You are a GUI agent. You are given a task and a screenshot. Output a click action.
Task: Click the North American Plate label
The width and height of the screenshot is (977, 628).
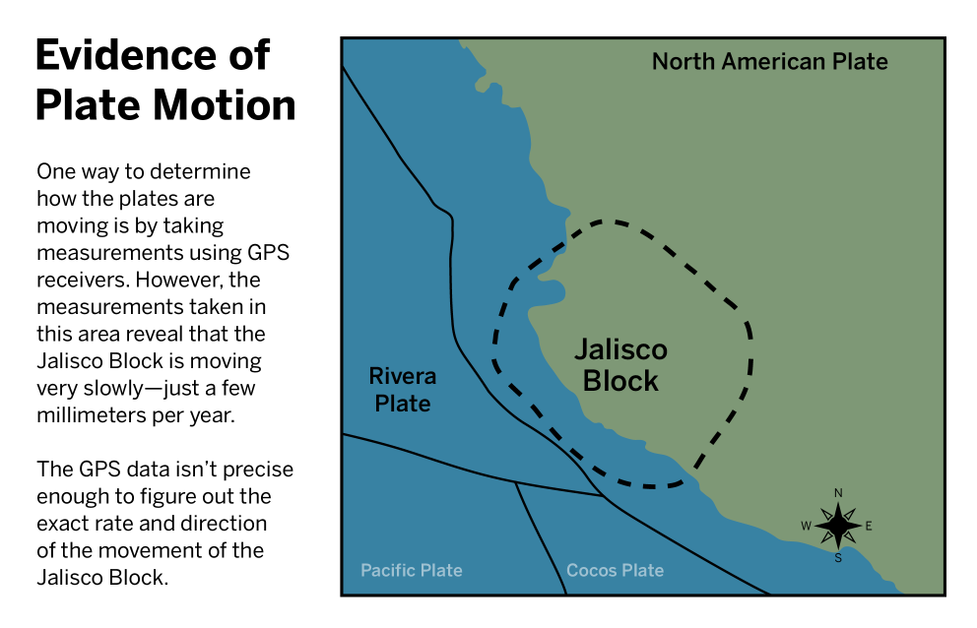769,62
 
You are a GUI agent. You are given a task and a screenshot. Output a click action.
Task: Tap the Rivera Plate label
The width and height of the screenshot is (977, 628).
403,390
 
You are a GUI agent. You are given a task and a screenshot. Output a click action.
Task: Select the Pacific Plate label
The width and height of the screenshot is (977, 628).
412,570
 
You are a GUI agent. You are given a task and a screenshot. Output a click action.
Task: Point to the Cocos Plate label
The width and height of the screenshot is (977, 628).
615,570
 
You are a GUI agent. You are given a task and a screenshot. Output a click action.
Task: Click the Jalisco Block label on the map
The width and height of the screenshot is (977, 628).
620,365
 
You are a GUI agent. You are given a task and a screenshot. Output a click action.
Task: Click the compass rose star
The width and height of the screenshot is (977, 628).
838,526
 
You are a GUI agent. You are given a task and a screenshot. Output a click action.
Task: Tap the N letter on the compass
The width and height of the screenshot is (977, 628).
838,493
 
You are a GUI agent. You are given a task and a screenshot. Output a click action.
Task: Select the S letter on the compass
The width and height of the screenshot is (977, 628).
838,557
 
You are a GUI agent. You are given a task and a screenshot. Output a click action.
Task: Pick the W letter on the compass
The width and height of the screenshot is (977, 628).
806,526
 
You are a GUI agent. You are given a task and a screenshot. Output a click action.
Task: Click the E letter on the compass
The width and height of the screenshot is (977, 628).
869,526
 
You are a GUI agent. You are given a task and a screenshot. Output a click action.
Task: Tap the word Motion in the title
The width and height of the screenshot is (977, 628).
225,104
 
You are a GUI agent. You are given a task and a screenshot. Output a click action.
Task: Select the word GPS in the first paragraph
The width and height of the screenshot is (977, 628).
269,252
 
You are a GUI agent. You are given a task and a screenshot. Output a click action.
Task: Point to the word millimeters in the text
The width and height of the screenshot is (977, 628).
91,414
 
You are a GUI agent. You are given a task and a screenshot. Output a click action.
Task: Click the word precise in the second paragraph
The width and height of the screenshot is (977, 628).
258,470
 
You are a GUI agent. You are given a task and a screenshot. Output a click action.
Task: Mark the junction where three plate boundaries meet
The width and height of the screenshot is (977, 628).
603,496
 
